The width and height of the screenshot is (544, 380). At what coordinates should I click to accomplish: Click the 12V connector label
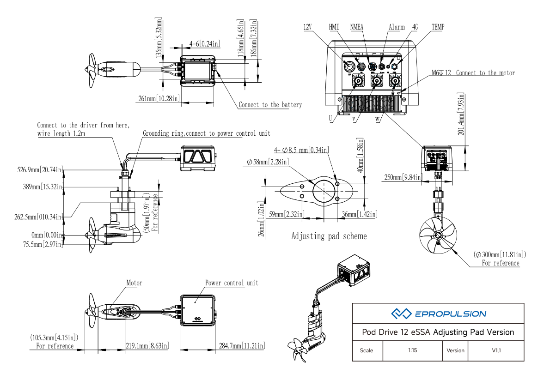tap(308, 27)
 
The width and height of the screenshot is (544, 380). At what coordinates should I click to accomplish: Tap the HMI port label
tap(334, 27)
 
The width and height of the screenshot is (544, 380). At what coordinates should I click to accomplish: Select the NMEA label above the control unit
tap(357, 27)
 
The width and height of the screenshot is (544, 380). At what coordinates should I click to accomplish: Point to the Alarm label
tap(397, 27)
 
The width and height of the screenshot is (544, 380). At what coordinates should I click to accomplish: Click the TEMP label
tap(438, 27)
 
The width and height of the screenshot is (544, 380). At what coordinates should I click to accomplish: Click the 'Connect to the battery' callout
tap(270, 105)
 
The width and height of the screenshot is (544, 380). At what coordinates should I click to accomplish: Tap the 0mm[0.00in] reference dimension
tap(46, 235)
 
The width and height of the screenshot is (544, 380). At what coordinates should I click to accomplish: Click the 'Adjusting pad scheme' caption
tap(329, 236)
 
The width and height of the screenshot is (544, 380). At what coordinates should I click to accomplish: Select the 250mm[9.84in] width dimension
tap(403, 177)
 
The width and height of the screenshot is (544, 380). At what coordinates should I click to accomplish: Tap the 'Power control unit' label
tap(232, 283)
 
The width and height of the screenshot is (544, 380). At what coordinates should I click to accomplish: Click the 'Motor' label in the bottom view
tap(134, 283)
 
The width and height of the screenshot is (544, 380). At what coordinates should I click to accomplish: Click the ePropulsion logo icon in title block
tap(401, 314)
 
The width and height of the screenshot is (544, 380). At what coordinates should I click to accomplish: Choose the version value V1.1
tap(496, 350)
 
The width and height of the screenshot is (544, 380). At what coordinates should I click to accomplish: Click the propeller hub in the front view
tap(437, 235)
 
